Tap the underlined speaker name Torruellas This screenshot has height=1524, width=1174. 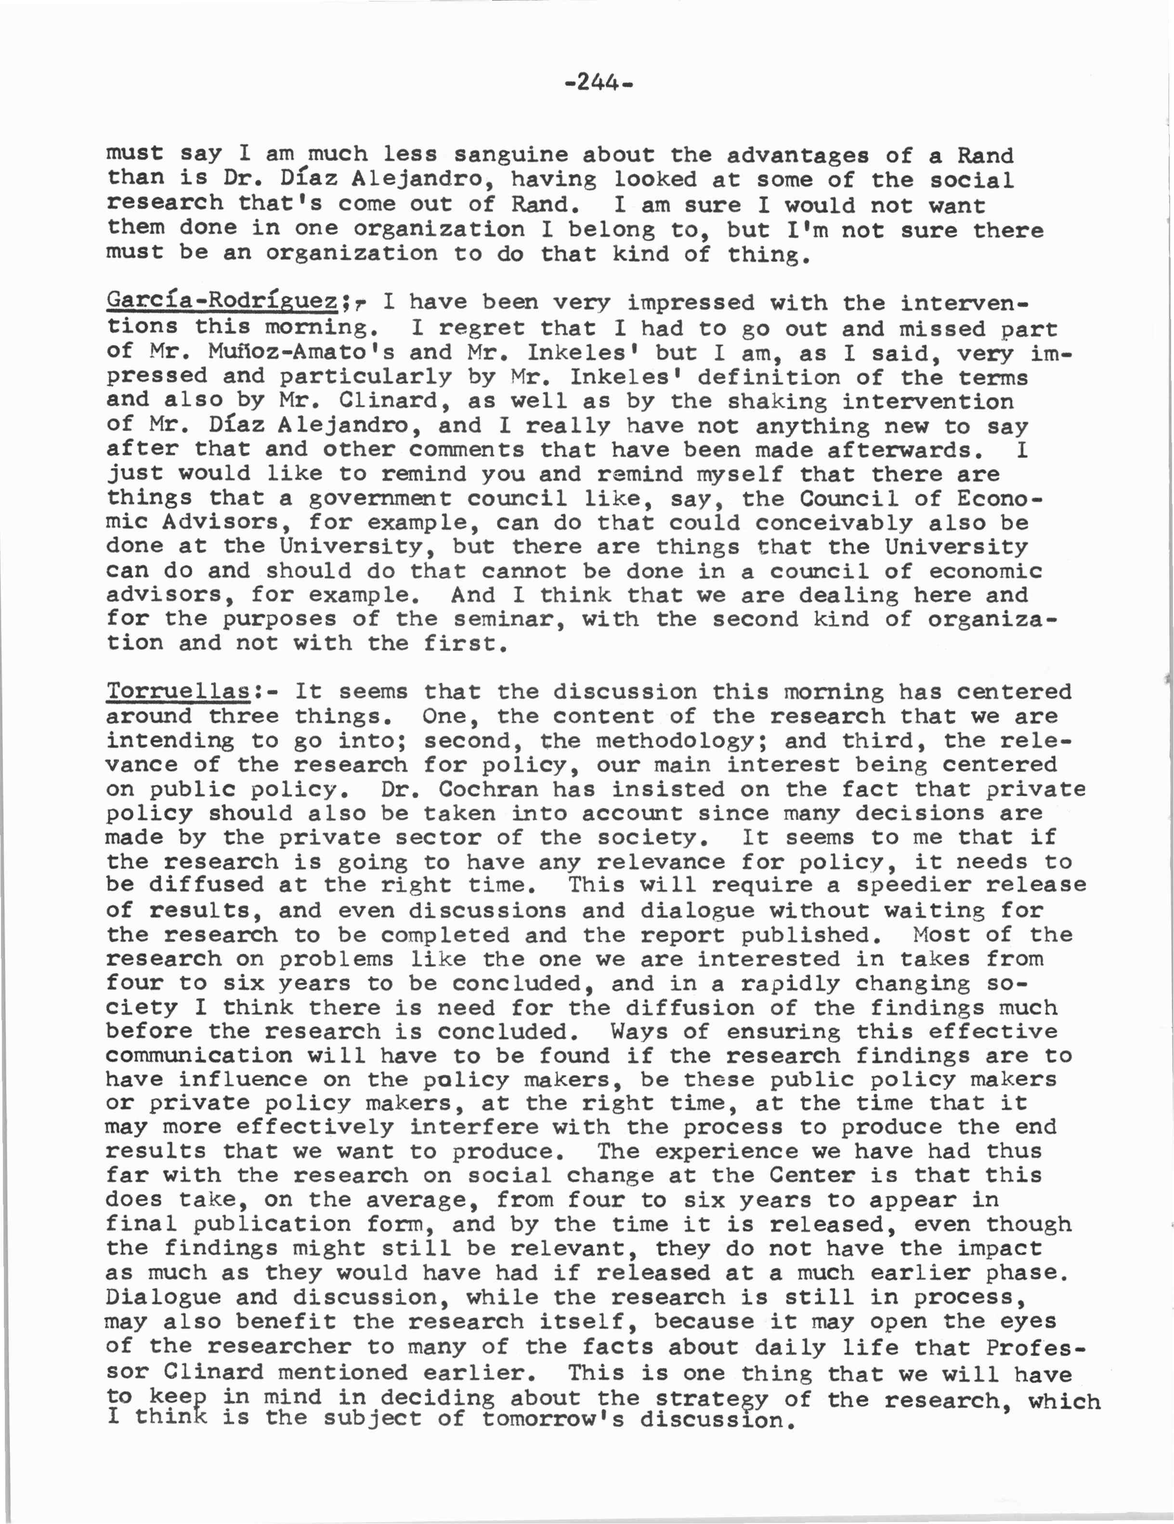(179, 691)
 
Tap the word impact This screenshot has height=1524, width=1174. (999, 1249)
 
